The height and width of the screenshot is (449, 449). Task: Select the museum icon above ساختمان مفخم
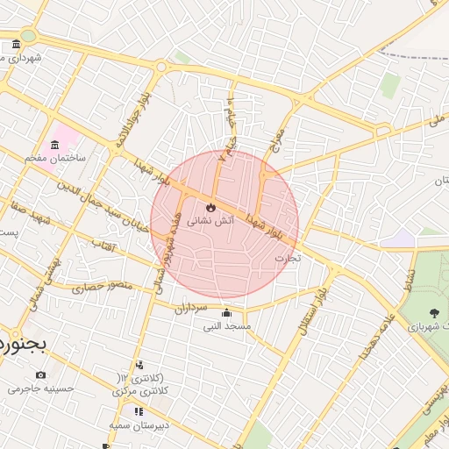coord(54,144)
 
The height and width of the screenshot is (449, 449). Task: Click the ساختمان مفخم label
coord(54,158)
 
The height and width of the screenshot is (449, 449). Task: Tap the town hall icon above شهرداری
coord(17,45)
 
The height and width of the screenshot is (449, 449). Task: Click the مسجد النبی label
coord(227,326)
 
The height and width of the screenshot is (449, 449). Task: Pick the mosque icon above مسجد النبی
coord(226,313)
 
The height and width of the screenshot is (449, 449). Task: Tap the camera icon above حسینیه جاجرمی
coord(40,374)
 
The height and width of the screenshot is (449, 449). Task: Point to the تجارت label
coord(288,258)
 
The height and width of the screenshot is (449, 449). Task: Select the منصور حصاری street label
coord(101,287)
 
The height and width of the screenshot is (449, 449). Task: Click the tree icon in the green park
coord(434,312)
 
